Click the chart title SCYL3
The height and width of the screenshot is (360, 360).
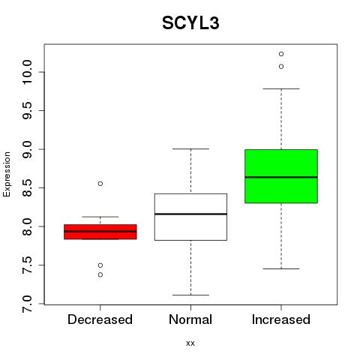pos(190,23)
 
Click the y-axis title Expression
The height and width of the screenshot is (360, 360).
pos(7,174)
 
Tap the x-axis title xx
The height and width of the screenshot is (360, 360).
pos(190,343)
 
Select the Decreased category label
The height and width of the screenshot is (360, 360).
pos(100,319)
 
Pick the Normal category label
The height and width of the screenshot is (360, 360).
pos(190,319)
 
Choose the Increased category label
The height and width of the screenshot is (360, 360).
pos(281,319)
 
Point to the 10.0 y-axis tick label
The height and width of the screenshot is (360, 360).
pos(27,72)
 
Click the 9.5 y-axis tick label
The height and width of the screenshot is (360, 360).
pos(27,111)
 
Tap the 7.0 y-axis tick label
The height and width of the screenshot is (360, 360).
pos(27,304)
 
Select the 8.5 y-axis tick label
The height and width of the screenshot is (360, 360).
pos(27,187)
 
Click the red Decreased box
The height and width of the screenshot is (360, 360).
pos(100,232)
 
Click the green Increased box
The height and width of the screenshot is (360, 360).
pos(281,176)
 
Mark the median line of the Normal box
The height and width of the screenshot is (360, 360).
pos(190,214)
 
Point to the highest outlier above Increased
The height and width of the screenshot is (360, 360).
pos(281,54)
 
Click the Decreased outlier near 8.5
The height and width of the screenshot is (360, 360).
pos(100,184)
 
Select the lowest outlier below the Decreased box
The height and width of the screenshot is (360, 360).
pos(100,274)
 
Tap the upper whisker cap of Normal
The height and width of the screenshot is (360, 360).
pos(190,148)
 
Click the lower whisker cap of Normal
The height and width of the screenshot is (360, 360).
pos(190,295)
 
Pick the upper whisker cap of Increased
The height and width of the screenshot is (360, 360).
pos(281,88)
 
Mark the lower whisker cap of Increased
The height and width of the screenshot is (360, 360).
pos(281,268)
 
